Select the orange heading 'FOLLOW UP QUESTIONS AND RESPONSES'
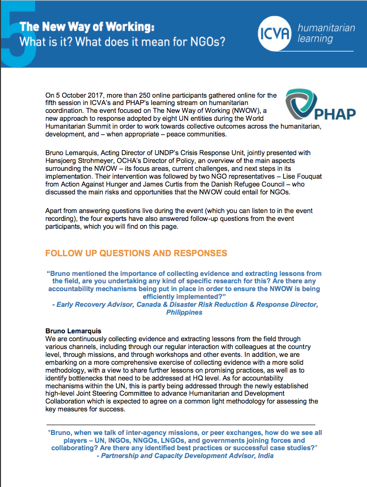pos(136,253)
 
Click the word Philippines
pos(184,312)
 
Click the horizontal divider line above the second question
pos(180,425)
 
